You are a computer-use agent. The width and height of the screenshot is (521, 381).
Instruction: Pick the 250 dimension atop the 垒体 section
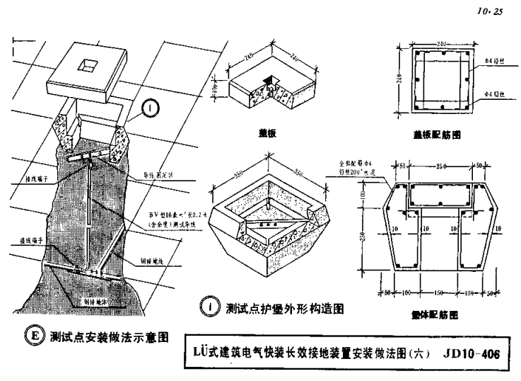tap(442, 166)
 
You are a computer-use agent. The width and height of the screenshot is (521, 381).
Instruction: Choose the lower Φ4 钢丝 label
tap(489, 93)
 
